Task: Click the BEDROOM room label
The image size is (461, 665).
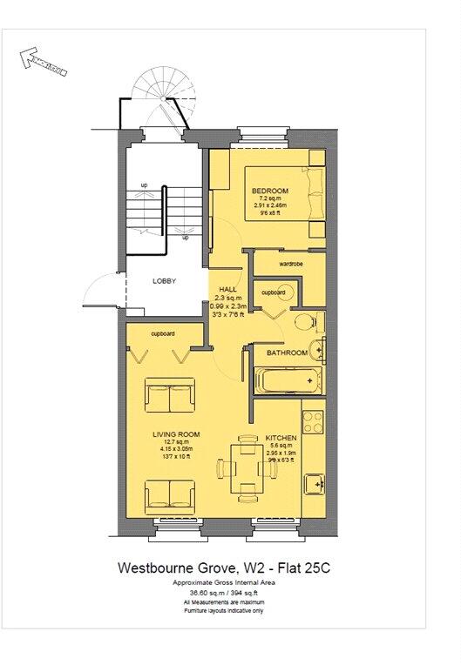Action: pos(269,191)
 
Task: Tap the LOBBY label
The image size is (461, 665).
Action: pos(165,281)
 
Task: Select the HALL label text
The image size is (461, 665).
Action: pos(228,289)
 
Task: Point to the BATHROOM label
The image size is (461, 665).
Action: pos(287,353)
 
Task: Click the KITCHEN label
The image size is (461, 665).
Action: pos(281,437)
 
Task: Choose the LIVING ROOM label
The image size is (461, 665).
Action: pos(177,433)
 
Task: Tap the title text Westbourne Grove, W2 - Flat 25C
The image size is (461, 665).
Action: pos(224,568)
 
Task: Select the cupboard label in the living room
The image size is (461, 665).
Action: pos(162,333)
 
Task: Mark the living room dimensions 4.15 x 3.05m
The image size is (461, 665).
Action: pos(177,449)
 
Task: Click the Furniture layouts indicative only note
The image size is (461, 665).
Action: pos(224,612)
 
